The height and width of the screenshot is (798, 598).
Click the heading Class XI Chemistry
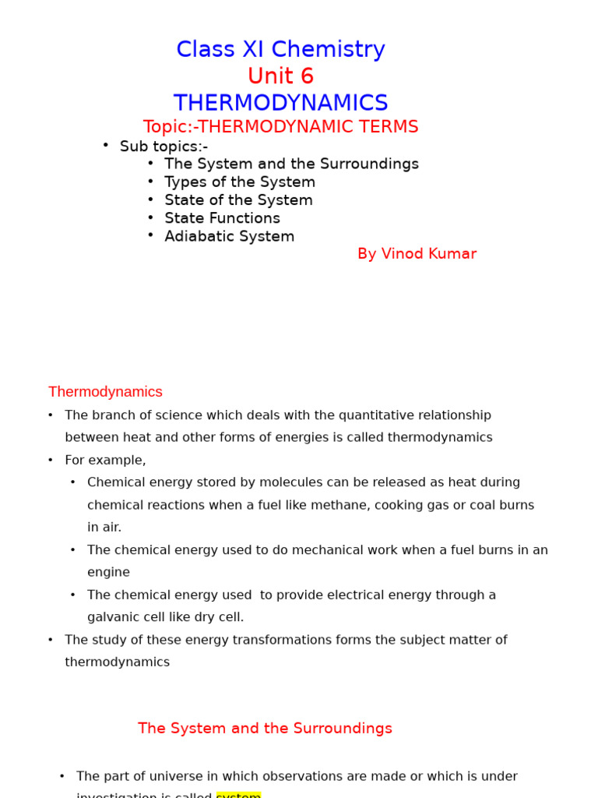(x=280, y=49)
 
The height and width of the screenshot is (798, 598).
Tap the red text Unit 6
(x=280, y=76)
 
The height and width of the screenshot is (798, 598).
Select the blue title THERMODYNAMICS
(x=280, y=103)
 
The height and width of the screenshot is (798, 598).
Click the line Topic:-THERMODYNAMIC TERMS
(x=280, y=127)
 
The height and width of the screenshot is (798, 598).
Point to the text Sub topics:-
(x=164, y=147)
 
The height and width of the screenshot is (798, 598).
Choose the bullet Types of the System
(x=240, y=182)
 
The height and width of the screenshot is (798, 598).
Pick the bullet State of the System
(x=238, y=200)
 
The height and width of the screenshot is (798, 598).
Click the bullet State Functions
(x=222, y=218)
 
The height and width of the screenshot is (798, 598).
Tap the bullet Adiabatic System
(x=229, y=236)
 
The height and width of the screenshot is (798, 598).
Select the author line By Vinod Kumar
(x=417, y=254)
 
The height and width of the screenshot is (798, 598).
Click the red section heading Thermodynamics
(x=105, y=392)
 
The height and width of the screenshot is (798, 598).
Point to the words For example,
(x=105, y=460)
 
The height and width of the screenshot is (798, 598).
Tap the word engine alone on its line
(x=108, y=572)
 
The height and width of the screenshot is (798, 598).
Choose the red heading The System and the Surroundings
(x=265, y=729)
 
